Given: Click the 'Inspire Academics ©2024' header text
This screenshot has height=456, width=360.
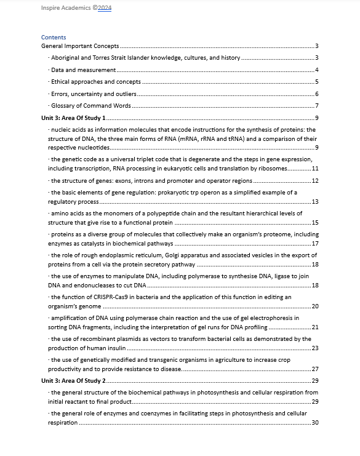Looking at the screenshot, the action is (x=76, y=8).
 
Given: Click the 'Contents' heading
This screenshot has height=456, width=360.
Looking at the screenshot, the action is (x=54, y=38).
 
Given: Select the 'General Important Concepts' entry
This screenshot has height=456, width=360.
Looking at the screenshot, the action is (x=79, y=46).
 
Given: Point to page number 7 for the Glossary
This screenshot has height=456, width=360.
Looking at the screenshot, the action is (x=316, y=106).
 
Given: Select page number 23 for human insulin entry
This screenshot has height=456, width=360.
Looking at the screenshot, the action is (x=314, y=348).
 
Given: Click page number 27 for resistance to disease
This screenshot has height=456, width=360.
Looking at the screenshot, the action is (x=314, y=369).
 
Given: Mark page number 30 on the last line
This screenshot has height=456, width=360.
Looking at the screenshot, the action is (x=314, y=423).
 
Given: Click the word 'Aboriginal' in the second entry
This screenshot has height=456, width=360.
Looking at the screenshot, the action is (x=66, y=58).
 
